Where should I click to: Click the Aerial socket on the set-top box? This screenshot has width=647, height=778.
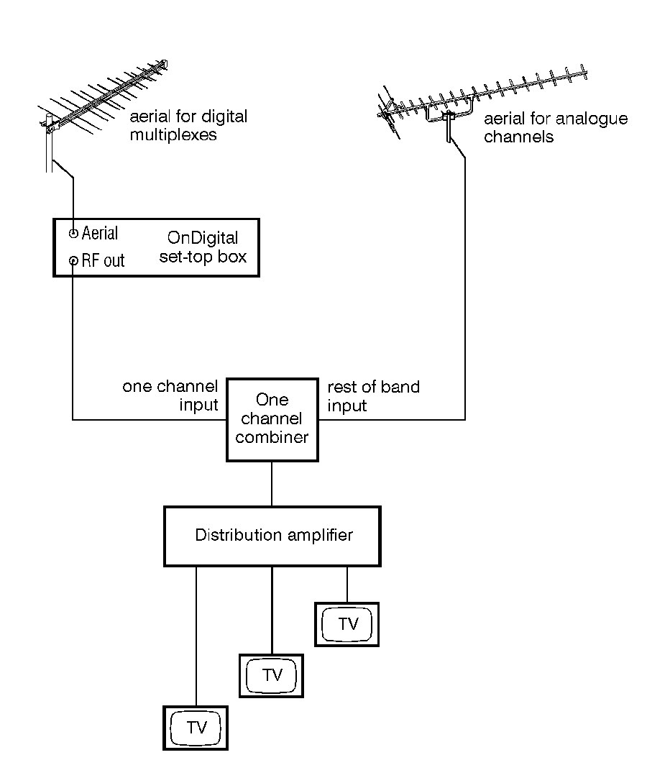(x=73, y=234)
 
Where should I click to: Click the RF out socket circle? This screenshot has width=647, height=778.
(x=73, y=260)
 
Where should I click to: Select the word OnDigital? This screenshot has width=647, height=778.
(x=202, y=238)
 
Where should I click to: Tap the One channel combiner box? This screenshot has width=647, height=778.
(x=272, y=419)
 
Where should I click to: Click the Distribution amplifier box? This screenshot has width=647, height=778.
(x=272, y=536)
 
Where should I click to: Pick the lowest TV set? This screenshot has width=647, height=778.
(x=196, y=727)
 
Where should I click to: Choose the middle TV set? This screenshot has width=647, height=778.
(x=271, y=675)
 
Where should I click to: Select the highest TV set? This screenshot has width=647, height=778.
(x=347, y=623)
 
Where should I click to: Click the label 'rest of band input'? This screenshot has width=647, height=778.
(x=373, y=396)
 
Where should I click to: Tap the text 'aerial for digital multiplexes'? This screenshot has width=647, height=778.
(x=187, y=125)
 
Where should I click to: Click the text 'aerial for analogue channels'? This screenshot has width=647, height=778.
(x=555, y=127)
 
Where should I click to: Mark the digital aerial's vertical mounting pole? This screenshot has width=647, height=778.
(x=50, y=147)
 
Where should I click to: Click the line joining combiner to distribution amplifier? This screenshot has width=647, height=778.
(x=272, y=484)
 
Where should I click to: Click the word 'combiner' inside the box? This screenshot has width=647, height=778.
(x=272, y=437)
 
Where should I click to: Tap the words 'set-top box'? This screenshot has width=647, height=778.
(x=202, y=257)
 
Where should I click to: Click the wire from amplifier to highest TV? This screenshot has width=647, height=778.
(x=347, y=584)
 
